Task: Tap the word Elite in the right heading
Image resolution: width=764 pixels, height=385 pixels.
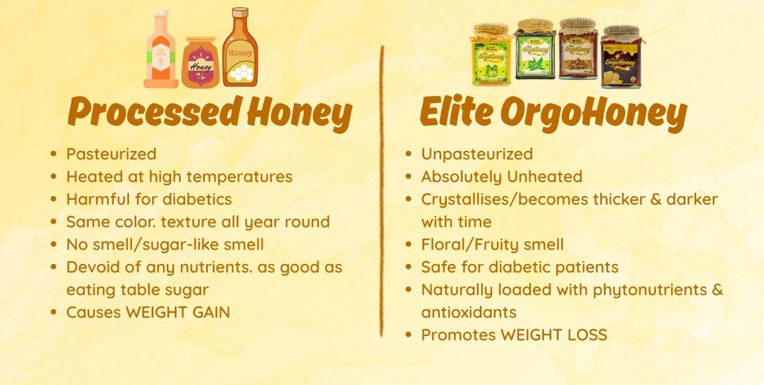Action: (457, 111)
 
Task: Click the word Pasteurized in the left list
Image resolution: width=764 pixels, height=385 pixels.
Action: (111, 154)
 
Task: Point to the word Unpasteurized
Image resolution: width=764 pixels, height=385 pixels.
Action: (477, 155)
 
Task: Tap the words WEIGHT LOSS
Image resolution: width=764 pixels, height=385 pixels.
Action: (554, 335)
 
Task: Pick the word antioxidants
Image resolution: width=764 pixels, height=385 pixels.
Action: (469, 312)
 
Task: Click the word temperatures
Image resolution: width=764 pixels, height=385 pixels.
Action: (239, 177)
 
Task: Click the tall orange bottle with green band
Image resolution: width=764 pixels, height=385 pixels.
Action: (161, 50)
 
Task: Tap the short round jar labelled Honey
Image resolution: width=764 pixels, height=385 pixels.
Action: (200, 62)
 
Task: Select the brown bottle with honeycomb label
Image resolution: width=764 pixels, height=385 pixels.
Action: (240, 47)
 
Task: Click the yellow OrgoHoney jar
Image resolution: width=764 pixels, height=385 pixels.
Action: (491, 54)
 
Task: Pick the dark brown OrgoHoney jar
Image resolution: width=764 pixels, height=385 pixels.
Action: (622, 57)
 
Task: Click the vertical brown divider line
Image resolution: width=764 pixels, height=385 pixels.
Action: (382, 191)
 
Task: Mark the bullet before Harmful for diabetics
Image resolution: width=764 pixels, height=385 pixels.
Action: (54, 199)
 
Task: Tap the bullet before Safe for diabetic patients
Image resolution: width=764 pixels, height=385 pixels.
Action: (409, 267)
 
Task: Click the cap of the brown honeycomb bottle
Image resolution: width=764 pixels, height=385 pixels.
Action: (240, 13)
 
